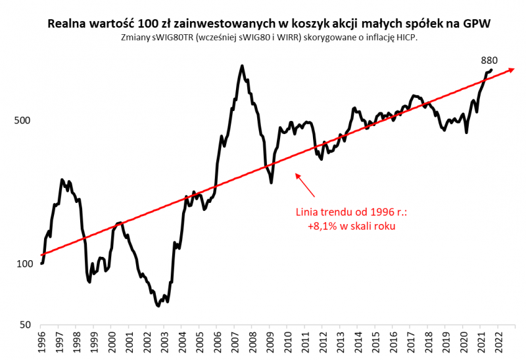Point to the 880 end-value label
489,60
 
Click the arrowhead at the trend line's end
510,69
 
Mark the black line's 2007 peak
242,66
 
